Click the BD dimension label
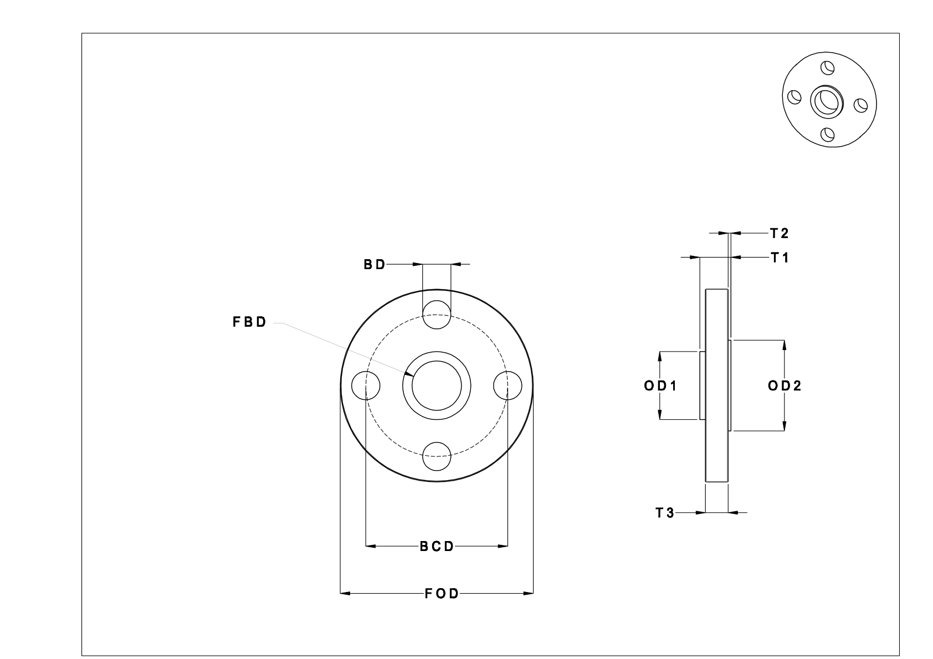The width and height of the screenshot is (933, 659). click(x=374, y=265)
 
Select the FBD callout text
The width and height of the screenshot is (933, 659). click(x=249, y=322)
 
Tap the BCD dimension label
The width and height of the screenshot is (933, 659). click(x=437, y=547)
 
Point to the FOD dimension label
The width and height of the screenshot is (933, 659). click(x=442, y=594)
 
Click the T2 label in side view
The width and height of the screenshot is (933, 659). click(x=779, y=234)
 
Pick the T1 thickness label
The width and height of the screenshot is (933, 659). click(x=779, y=258)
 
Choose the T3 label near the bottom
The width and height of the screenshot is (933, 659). click(x=665, y=513)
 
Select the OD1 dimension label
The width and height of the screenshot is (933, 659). click(x=660, y=386)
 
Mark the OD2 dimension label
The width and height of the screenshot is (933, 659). click(x=785, y=386)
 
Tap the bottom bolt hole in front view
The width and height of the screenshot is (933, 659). click(x=437, y=456)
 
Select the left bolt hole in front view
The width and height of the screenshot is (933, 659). click(x=366, y=385)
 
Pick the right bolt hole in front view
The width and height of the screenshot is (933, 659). click(x=507, y=385)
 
